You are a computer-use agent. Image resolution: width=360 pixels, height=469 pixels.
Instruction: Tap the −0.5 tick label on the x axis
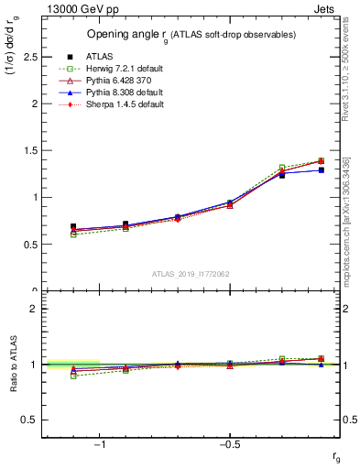[228, 445]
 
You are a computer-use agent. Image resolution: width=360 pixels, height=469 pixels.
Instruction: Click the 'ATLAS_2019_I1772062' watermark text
[192, 273]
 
